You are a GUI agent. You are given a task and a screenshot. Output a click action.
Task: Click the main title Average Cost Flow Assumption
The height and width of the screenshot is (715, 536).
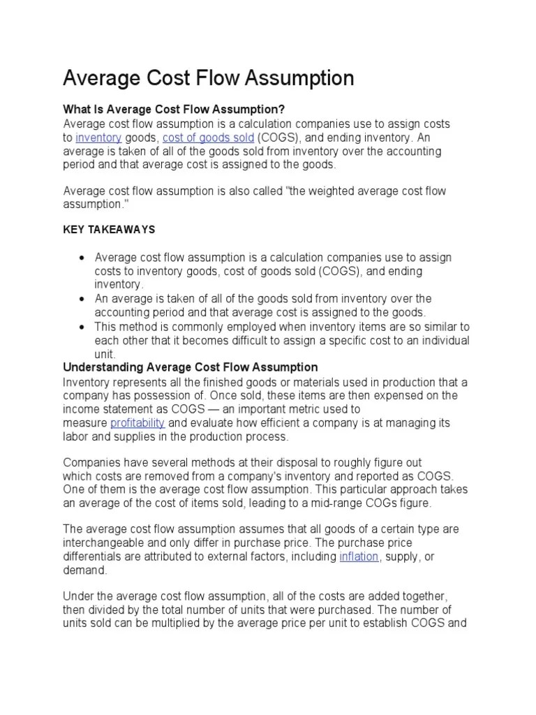209,78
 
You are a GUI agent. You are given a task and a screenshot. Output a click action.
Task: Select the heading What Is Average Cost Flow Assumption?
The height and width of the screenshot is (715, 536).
174,110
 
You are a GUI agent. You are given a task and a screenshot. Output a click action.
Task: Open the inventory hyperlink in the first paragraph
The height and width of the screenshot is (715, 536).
98,138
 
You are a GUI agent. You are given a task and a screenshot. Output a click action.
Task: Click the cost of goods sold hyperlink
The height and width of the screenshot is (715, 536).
208,138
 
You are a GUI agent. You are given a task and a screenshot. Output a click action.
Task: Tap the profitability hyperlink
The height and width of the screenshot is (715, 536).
137,423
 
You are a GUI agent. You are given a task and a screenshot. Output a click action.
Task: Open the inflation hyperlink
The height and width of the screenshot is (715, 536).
359,556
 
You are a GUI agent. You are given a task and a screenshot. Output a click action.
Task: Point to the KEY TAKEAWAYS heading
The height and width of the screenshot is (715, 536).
110,229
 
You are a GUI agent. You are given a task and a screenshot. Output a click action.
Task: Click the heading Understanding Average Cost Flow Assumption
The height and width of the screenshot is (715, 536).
191,367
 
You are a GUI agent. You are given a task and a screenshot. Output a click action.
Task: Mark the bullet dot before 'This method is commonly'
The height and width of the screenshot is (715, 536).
82,327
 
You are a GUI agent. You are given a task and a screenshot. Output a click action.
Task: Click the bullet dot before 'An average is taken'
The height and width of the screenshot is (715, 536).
82,299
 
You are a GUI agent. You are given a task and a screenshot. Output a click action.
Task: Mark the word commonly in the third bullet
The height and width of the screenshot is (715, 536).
188,327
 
